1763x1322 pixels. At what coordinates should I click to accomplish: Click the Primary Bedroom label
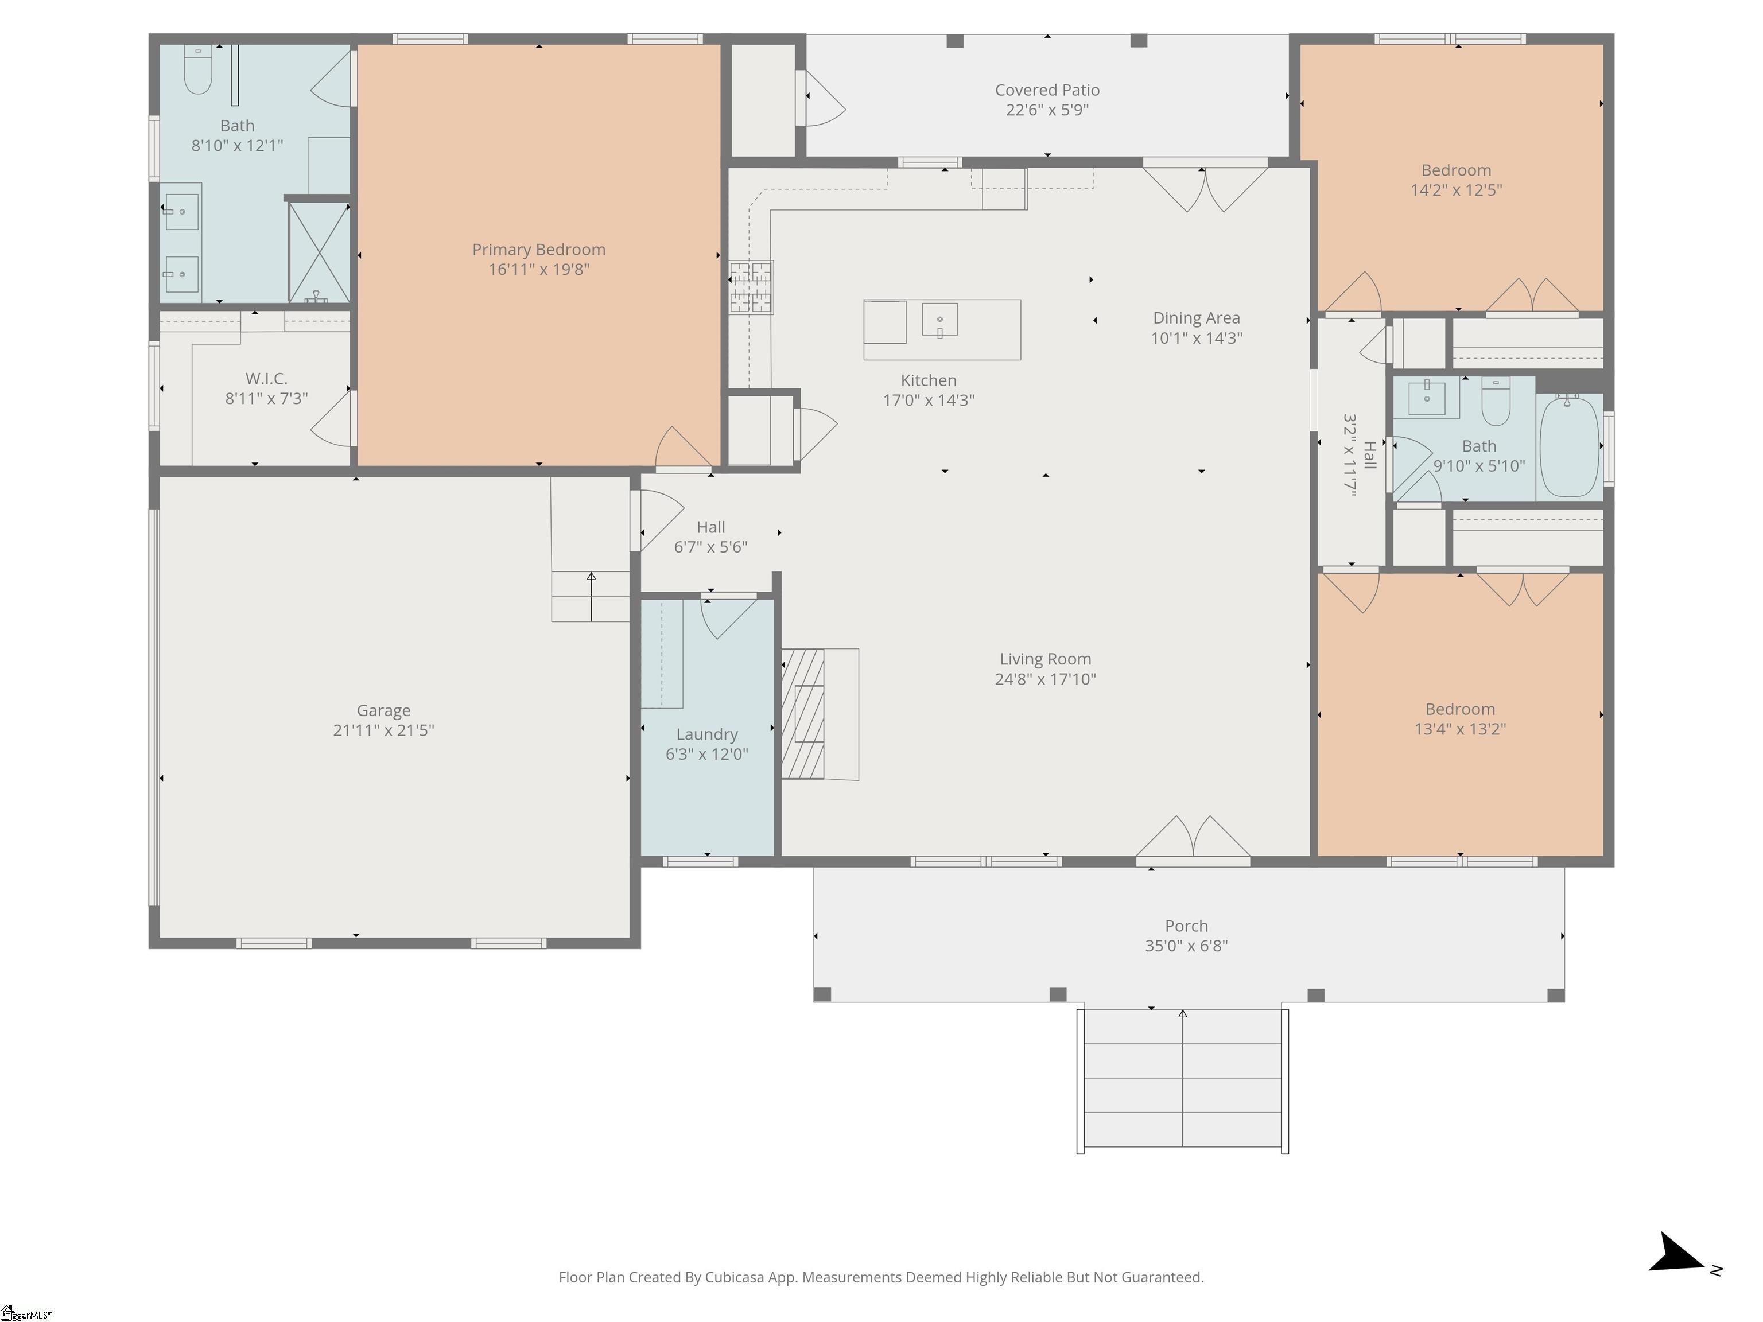(539, 250)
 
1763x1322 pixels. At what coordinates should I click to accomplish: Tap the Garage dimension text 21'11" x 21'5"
(383, 730)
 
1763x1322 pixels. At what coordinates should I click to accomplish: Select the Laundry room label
(707, 734)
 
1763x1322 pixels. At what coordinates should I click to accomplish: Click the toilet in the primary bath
(197, 69)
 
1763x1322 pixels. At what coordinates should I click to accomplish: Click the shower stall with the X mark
(319, 252)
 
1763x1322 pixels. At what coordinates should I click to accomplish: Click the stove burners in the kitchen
(751, 287)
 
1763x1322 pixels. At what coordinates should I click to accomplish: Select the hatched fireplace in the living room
(803, 714)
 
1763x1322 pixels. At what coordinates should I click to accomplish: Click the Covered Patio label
(1047, 90)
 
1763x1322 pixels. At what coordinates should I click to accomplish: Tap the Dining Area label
(1197, 318)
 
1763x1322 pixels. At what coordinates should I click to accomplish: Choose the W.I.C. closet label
(266, 379)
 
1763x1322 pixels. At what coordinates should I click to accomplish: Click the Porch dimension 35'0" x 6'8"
(1186, 946)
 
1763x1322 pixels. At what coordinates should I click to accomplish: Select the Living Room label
(1046, 659)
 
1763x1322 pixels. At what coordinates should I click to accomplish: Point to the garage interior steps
(591, 596)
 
